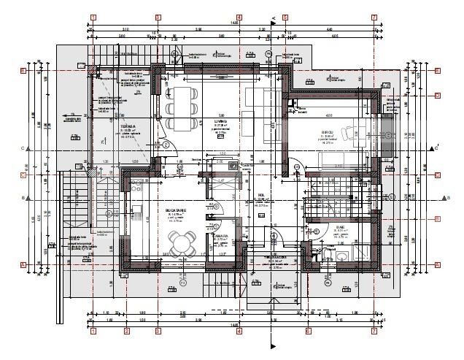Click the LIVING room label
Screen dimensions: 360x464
click(220, 121)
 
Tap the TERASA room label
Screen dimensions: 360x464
click(109, 126)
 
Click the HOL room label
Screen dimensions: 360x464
click(260, 195)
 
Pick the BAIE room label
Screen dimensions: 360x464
click(339, 227)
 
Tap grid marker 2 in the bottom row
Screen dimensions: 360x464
click(127, 332)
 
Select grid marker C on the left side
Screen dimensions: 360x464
click(23, 175)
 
